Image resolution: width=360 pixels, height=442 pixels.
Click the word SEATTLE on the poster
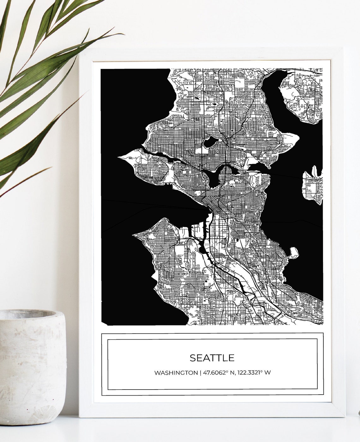click(212, 358)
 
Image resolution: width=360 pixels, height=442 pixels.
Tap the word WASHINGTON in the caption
click(176, 373)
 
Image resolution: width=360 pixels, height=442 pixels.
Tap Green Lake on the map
click(209, 142)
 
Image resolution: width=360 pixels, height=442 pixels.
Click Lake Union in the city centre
click(215, 180)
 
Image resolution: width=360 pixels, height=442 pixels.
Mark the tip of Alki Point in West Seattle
click(134, 235)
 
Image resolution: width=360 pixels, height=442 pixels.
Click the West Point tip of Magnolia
click(120, 157)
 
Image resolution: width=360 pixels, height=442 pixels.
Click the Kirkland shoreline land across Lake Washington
click(300, 98)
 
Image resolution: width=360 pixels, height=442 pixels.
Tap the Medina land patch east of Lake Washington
click(313, 186)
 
